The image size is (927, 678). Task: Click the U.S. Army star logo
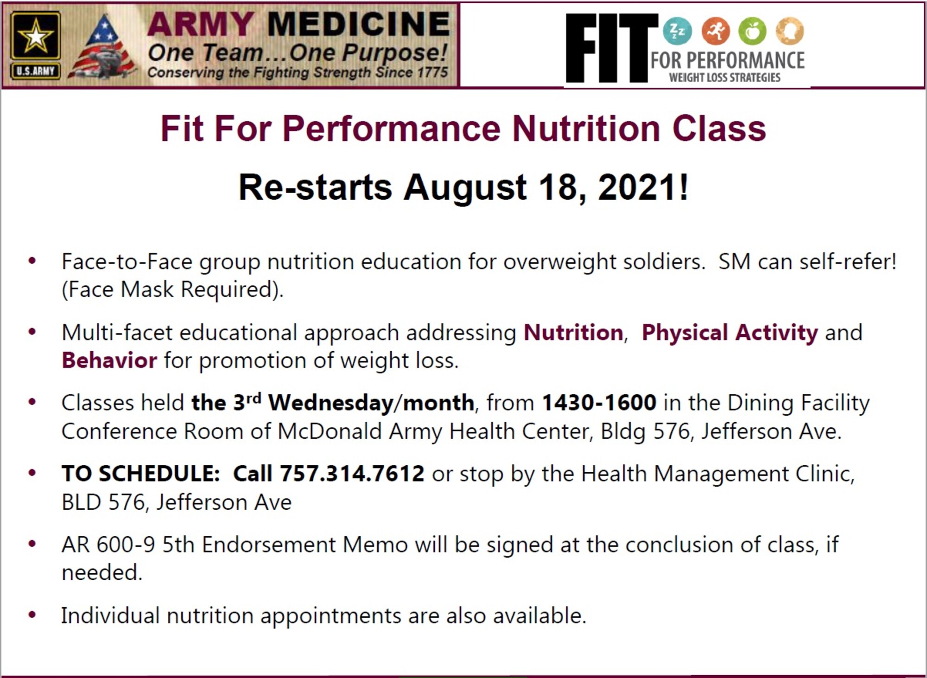(x=36, y=45)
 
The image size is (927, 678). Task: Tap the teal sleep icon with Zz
(x=677, y=32)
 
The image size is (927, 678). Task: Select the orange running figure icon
(x=715, y=32)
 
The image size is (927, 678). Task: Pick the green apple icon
(x=752, y=32)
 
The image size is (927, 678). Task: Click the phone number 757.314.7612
(x=352, y=474)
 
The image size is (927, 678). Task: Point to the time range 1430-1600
(x=599, y=402)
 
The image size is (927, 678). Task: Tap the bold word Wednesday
(x=330, y=402)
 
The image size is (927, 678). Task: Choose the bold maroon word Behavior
(x=109, y=360)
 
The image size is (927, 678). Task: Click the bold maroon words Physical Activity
(x=730, y=333)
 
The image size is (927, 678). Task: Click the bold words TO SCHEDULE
(x=140, y=474)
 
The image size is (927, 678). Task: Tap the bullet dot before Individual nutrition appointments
(x=32, y=615)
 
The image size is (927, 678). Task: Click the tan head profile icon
(x=790, y=32)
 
